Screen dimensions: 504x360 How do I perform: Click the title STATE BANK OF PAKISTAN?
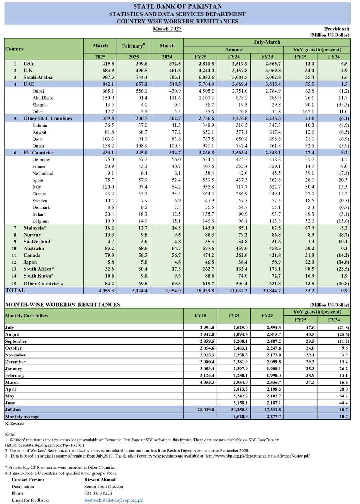[x=177, y=6]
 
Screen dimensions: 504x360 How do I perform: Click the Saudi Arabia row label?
[x=38, y=77]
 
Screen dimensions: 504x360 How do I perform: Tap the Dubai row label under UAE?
[x=38, y=91]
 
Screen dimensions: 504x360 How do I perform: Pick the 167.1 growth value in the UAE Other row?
[x=309, y=112]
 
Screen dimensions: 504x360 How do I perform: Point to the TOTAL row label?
[x=15, y=291]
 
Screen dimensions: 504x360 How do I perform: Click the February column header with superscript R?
[x=134, y=46]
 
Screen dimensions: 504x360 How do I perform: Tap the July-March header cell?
[x=267, y=42]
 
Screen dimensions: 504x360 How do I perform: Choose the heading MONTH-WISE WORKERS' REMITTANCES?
[x=63, y=305]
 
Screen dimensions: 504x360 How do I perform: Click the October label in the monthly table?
[x=13, y=348]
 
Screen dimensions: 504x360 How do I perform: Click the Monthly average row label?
[x=22, y=417]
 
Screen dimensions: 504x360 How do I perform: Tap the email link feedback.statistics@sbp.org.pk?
[x=113, y=500]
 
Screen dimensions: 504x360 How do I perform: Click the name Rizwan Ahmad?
[x=100, y=480]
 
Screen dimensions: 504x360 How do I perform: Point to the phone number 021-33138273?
[x=98, y=493]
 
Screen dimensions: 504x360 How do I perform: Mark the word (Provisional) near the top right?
[x=336, y=29]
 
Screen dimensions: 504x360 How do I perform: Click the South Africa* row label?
[x=39, y=269]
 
